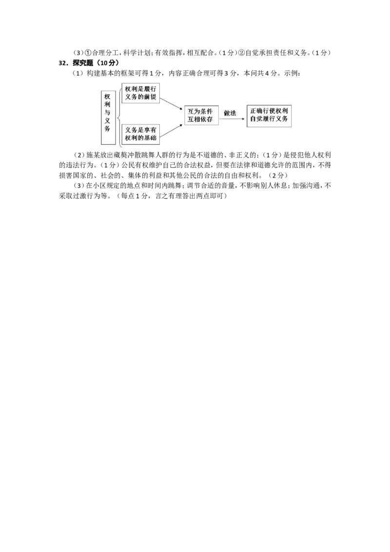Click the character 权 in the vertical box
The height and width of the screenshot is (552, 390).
point(107,97)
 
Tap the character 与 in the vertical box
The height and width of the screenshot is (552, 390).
point(107,112)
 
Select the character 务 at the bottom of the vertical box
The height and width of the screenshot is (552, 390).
point(107,128)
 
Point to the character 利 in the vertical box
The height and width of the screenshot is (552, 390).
point(107,104)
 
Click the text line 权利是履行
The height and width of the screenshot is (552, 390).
point(140,89)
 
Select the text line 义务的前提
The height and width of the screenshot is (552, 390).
point(140,97)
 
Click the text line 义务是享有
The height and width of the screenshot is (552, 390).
point(140,130)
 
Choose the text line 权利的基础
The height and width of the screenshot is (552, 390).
point(140,138)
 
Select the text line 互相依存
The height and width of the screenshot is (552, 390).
point(200,119)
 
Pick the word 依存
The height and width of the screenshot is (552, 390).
point(206,119)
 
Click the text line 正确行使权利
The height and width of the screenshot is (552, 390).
point(269,111)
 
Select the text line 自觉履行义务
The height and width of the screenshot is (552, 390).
point(269,118)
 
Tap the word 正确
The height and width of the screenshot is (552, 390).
point(256,111)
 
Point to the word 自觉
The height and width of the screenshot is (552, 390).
point(256,118)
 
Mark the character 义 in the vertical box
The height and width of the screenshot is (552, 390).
point(107,120)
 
